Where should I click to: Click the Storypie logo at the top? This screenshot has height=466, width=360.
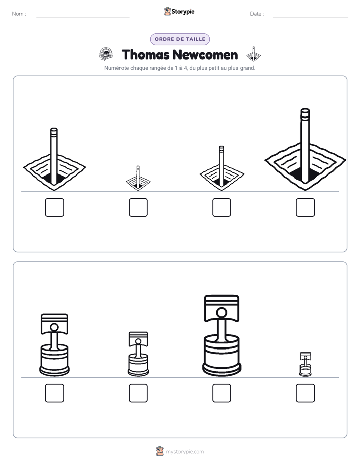point(179,11)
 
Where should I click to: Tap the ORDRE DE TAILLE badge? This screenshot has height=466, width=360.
point(180,39)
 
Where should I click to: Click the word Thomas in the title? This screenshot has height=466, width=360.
point(145,54)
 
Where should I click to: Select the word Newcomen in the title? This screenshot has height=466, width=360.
point(205,54)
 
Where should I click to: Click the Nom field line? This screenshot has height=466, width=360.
point(83,17)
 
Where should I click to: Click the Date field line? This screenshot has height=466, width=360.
point(311,17)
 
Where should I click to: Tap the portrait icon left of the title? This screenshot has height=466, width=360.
point(106,54)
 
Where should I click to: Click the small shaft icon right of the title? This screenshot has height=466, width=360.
point(254,53)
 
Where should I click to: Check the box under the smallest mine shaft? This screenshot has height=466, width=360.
point(138,207)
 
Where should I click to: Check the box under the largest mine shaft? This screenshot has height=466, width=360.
point(306,207)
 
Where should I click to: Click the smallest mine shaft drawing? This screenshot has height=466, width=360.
point(138,179)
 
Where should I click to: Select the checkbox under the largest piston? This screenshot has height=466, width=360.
point(222,393)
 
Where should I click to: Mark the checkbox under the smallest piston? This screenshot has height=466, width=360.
point(306,393)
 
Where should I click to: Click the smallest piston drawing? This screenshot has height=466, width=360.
point(306,364)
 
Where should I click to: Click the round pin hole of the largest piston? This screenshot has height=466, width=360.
point(221,313)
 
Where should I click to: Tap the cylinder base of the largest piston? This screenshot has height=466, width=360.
point(221,355)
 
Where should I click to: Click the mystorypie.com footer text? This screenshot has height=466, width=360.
point(185,452)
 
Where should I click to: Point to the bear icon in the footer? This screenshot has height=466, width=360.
point(160,451)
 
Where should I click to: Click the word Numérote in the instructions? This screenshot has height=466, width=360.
point(116,68)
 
